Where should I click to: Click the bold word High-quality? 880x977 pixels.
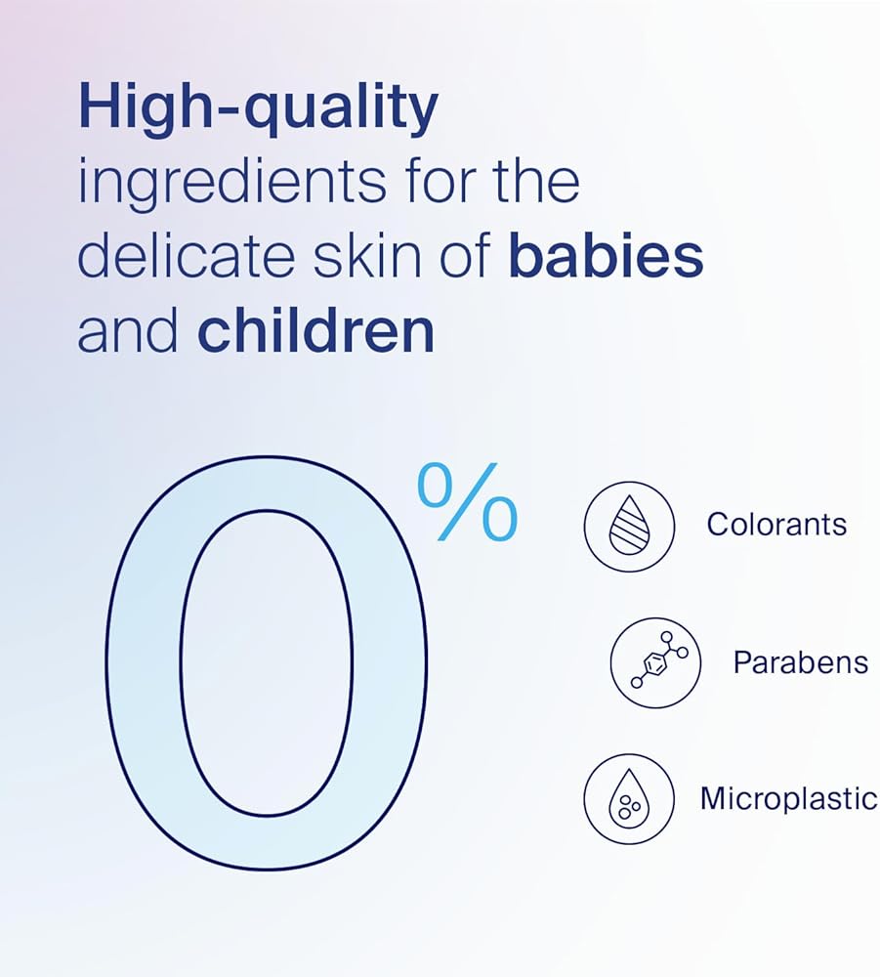259,108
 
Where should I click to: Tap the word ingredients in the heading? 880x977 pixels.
231,184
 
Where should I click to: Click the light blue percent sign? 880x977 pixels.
467,501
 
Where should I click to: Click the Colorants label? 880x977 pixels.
776,525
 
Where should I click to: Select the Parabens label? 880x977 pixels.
800,661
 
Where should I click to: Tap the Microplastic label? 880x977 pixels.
788,799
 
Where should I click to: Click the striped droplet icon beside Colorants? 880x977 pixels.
629,526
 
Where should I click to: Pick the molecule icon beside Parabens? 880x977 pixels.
655,663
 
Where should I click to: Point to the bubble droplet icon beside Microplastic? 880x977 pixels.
629,799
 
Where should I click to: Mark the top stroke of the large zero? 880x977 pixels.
267,483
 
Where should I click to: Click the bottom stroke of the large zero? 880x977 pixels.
267,842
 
